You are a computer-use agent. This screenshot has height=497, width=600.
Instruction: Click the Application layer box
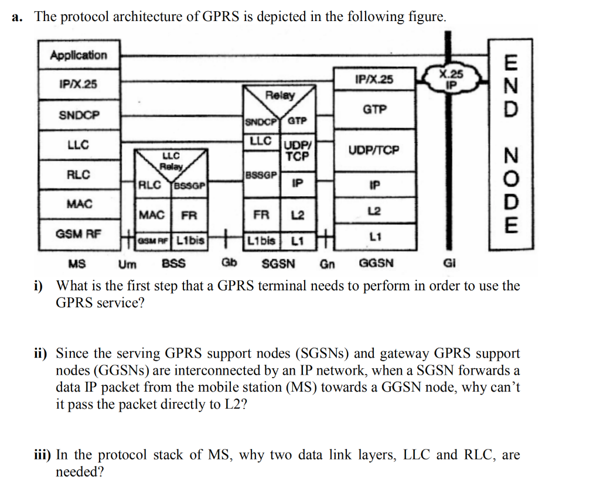(79, 56)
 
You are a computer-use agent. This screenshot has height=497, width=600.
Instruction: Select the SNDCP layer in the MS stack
(79, 115)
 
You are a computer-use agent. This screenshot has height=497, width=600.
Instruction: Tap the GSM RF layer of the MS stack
(79, 234)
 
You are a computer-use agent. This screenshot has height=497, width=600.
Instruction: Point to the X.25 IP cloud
(451, 77)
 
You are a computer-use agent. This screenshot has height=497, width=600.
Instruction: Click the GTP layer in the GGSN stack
(374, 109)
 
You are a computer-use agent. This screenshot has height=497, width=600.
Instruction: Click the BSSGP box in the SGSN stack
(262, 175)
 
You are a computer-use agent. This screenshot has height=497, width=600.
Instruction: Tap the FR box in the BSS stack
(189, 215)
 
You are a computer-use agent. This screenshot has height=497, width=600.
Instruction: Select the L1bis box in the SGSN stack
(261, 240)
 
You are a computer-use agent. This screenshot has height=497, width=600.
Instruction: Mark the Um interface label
(127, 263)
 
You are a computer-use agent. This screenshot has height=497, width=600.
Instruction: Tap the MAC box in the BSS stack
(152, 215)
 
